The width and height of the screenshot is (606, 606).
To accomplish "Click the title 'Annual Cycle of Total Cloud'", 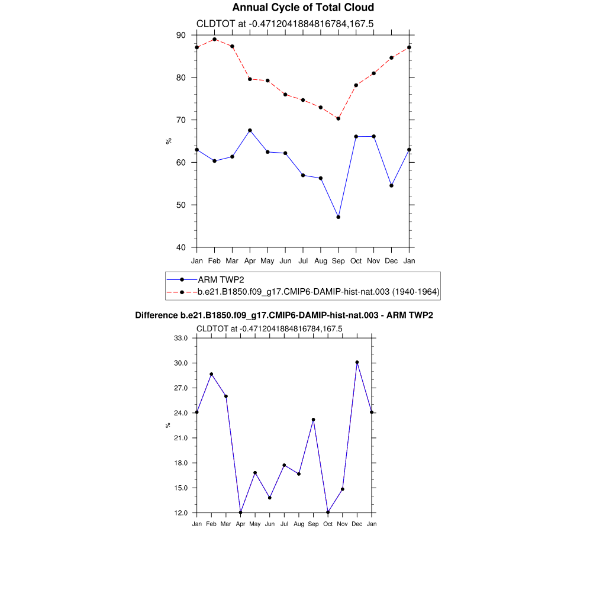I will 303,8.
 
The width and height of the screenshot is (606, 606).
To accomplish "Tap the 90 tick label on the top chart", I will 180,35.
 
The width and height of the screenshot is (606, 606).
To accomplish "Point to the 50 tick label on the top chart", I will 180,205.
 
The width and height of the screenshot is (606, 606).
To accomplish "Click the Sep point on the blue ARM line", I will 338,217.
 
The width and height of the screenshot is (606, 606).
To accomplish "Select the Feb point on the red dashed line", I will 214,39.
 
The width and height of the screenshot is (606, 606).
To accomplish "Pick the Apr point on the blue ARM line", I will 250,130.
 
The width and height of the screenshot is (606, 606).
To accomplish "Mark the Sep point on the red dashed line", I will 338,118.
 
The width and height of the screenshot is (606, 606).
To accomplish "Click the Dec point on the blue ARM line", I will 391,186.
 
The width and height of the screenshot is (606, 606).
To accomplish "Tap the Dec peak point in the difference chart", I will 357,362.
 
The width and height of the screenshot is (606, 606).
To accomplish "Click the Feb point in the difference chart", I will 211,374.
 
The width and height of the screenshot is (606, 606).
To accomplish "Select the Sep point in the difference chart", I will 313,420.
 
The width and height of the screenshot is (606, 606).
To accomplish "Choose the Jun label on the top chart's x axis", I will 285,260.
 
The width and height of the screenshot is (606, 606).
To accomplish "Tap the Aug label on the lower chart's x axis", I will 299,524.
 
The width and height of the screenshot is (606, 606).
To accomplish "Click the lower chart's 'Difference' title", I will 284,315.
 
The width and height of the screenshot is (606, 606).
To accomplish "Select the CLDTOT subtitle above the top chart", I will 285,24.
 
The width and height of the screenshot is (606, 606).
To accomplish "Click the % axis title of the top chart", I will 169,141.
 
